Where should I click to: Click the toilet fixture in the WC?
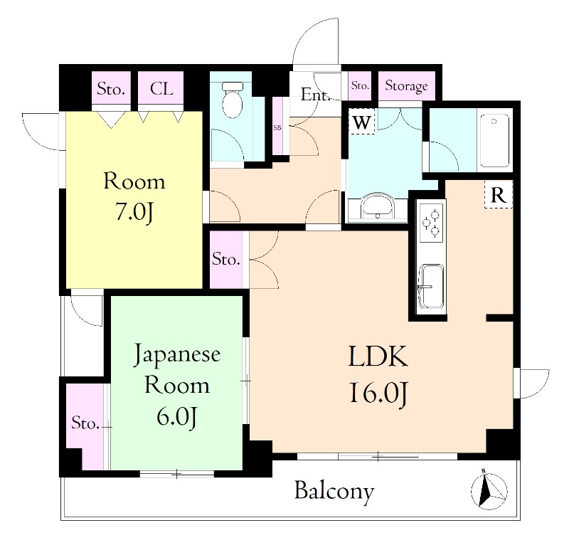click(233, 100)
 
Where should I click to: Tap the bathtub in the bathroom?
click(494, 140)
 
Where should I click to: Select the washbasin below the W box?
click(378, 207)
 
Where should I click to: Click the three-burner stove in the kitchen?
click(432, 223)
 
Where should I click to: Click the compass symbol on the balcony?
click(489, 491)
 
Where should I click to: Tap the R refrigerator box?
click(499, 195)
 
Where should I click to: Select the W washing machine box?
click(362, 122)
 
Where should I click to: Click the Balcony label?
click(334, 491)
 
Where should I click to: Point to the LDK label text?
click(378, 356)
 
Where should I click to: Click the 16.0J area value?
click(379, 393)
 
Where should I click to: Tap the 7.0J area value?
click(134, 211)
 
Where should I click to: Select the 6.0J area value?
click(176, 418)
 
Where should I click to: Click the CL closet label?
click(161, 88)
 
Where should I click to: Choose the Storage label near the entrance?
click(406, 86)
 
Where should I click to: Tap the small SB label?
click(277, 128)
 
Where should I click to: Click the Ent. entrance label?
click(314, 95)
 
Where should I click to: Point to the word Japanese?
click(177, 354)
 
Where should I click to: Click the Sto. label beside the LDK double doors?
click(225, 260)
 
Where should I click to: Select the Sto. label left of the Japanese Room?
click(85, 423)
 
